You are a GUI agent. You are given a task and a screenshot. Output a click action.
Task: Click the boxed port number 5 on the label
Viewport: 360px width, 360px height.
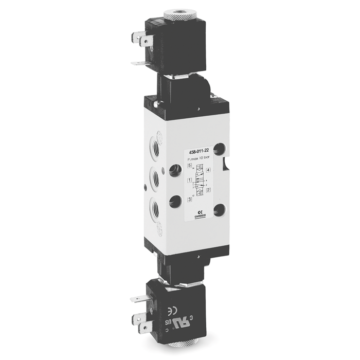click(190, 167)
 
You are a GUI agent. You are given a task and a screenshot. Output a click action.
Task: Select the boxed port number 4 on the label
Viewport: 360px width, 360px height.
click(208, 170)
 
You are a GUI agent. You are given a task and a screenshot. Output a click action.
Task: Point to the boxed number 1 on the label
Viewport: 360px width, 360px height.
click(190, 180)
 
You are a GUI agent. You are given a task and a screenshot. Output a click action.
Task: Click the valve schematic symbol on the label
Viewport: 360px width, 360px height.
click(199, 181)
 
